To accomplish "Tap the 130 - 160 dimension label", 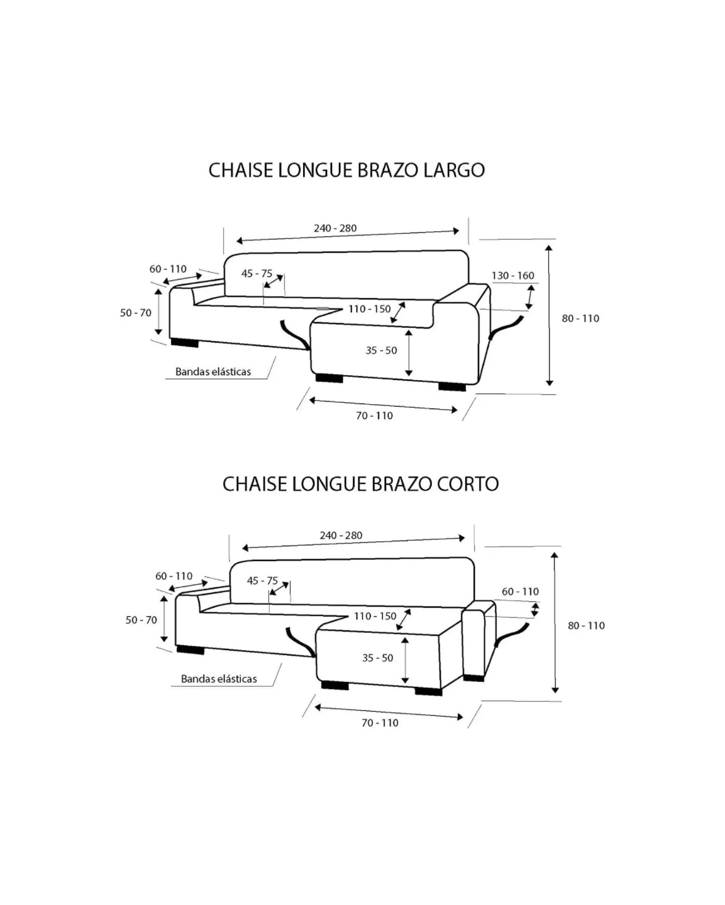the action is [513, 276].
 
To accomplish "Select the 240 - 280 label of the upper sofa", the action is [335, 228].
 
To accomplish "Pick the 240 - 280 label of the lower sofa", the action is [341, 536].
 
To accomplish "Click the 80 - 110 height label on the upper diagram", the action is [581, 319].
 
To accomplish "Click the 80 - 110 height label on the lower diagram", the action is [586, 625].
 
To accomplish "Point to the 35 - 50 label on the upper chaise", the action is [382, 350].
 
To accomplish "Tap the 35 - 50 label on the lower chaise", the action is [377, 658].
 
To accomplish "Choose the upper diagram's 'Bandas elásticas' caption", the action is [213, 372].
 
